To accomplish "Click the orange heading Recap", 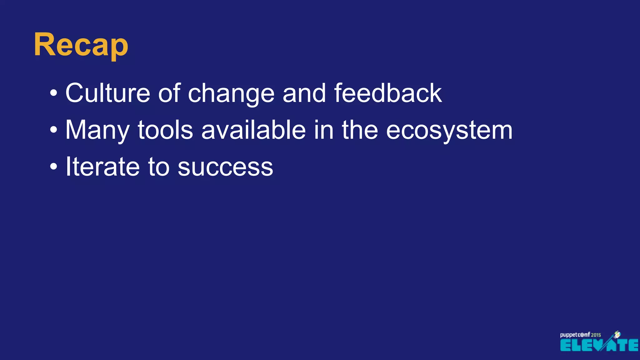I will pos(81,45).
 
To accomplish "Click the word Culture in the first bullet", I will pos(107,93).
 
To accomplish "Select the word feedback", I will pos(388,93).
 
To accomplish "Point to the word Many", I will pos(97,130).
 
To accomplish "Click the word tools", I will pos(165,130).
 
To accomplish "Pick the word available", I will pos(253,130).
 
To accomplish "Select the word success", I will pos(225,167).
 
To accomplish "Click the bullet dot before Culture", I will pos(54,93).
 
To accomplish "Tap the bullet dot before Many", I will pos(54,130).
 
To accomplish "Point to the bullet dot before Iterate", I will pos(54,167).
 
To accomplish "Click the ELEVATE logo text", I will pos(598,345).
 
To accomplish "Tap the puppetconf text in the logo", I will pos(575,335).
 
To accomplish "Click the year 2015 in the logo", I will pos(596,335).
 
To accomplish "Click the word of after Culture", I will pos(169,93).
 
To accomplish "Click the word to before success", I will pos(158,167).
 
